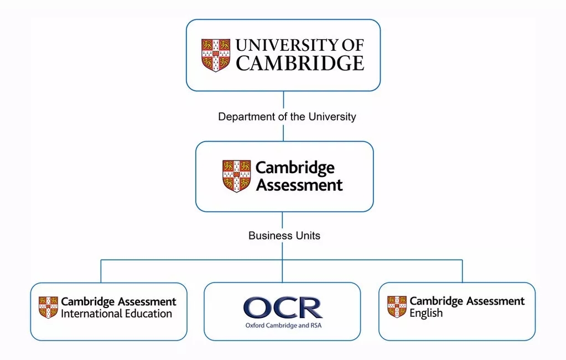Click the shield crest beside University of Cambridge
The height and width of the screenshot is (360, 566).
216,55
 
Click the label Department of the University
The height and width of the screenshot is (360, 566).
287,117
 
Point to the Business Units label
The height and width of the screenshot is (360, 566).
284,236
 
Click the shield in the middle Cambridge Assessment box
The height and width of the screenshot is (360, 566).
236,176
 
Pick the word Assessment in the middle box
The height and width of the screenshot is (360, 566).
299,185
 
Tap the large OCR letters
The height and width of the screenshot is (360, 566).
283,307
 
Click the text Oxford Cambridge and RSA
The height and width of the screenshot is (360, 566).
283,326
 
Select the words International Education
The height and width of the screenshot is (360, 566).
116,314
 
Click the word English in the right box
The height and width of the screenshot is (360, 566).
426,314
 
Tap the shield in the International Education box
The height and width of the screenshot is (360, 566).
48,307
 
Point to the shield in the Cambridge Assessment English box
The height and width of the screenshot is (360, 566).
397,307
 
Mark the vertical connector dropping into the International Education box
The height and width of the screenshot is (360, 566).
101,271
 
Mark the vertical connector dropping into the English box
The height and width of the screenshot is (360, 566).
462,271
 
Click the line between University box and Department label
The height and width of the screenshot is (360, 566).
283,100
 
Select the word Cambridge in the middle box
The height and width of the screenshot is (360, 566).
295,168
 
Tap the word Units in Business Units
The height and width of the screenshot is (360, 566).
309,236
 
